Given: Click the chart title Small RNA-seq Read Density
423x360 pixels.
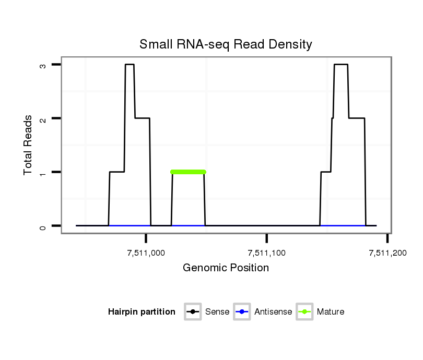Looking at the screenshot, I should pos(226,44).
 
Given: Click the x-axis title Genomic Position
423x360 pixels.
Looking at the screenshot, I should pos(226,268).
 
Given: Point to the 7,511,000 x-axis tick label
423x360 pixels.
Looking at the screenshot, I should pos(146,253).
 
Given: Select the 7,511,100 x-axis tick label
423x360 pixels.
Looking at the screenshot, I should pos(267,253).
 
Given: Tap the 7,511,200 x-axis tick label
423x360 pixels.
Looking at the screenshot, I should pos(387,253).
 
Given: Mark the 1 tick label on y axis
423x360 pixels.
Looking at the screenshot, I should pos(43,172).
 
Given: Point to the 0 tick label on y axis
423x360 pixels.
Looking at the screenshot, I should pos(43,226).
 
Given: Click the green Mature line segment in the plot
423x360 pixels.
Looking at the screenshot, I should pos(188,172).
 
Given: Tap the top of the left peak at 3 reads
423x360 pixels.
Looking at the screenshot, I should pos(130,65).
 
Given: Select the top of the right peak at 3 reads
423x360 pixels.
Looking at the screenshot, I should pos(341,65).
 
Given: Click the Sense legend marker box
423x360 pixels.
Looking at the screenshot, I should pos(193,312).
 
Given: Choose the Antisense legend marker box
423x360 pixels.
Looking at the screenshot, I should pos(242,312).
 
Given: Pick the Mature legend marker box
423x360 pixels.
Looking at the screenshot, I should pos(304,312).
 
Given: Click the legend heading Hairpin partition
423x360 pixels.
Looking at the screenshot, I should pos(142,312).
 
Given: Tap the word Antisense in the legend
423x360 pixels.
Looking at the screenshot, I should pos(273,312).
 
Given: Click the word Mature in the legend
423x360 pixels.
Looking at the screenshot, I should pos(331,312).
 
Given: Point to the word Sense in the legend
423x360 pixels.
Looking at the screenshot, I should pos(217,312).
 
